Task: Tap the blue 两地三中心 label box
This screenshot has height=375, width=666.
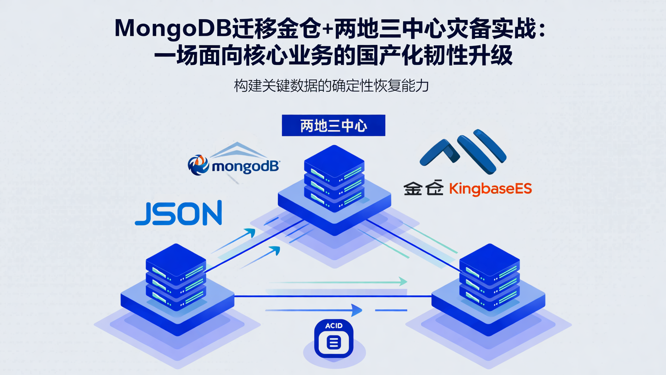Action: (333, 125)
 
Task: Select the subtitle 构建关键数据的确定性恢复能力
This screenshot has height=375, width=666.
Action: (331, 86)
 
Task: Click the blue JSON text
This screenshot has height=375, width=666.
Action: (179, 213)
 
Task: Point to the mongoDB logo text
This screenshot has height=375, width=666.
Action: (245, 166)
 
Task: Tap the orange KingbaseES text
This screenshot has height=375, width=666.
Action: (490, 188)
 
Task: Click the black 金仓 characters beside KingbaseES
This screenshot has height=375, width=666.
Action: (423, 188)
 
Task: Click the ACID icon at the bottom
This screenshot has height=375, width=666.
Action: (333, 338)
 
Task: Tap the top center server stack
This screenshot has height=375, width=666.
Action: (334, 181)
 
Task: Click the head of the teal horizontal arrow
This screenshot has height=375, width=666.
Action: (403, 281)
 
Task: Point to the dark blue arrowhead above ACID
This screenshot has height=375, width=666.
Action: (356, 310)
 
